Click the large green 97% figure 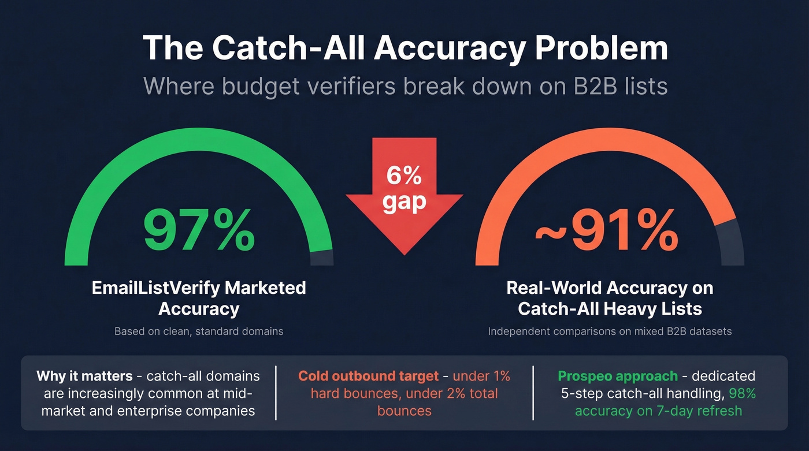point(199,230)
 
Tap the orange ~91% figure point(607,230)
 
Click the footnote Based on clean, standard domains point(199,331)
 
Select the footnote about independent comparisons point(610,331)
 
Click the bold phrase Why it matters point(84,377)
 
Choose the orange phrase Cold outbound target point(369,377)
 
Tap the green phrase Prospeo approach point(618,377)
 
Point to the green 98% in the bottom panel point(742,394)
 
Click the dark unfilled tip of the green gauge point(322,258)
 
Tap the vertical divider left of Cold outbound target point(276,393)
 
